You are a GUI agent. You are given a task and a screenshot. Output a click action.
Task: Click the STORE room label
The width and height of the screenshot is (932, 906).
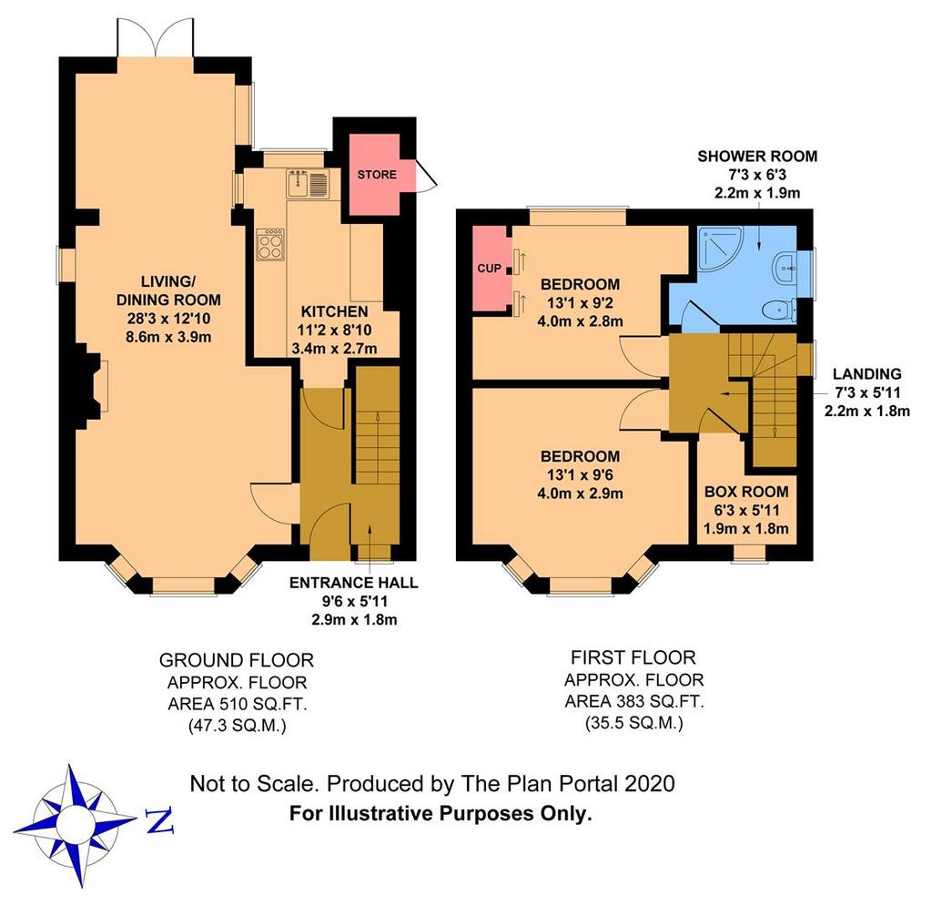tap(377, 174)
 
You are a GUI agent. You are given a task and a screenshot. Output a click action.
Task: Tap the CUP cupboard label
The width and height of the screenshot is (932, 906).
tap(489, 268)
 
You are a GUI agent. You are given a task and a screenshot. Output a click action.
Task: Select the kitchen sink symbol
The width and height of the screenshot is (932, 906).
tap(308, 183)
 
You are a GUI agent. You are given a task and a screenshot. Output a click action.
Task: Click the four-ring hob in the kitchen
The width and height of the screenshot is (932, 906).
tap(269, 244)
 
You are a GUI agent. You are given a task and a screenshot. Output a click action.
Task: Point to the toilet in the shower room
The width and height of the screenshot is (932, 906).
tap(779, 310)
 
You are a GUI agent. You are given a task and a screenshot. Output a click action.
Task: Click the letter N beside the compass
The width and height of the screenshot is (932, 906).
tap(159, 821)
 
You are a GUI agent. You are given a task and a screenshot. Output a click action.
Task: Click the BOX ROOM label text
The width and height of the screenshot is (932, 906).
tap(746, 492)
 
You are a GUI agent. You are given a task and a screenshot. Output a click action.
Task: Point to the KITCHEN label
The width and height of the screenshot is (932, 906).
tap(334, 311)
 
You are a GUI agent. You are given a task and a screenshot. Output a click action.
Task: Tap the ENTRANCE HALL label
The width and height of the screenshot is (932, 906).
tap(354, 583)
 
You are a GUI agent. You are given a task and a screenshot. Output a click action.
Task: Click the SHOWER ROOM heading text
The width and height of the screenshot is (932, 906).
tap(757, 157)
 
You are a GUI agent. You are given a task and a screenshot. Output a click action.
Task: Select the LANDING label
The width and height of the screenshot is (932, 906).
tap(866, 374)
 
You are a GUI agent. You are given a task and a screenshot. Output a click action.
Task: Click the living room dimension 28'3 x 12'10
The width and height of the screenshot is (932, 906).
tap(168, 319)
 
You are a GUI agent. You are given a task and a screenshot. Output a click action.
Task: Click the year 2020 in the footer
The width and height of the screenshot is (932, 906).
tap(650, 784)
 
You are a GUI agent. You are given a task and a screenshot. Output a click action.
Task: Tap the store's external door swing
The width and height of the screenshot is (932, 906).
tap(426, 175)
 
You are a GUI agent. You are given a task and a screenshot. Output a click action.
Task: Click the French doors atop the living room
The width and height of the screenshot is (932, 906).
tap(156, 36)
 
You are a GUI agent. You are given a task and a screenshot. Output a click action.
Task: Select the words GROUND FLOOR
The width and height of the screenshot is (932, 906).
tap(237, 660)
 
